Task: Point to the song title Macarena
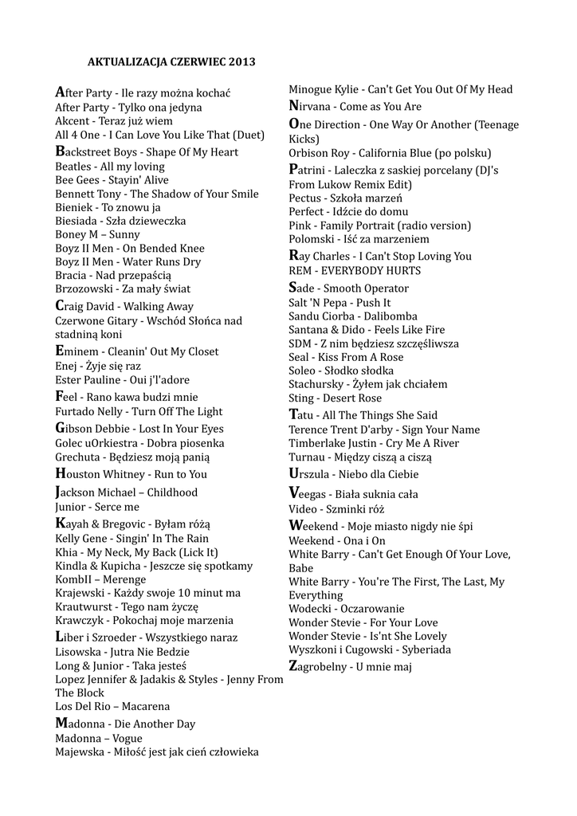coord(146,706)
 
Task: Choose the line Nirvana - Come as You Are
coord(355,106)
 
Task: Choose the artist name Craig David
coord(84,306)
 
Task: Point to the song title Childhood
coord(172,492)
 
